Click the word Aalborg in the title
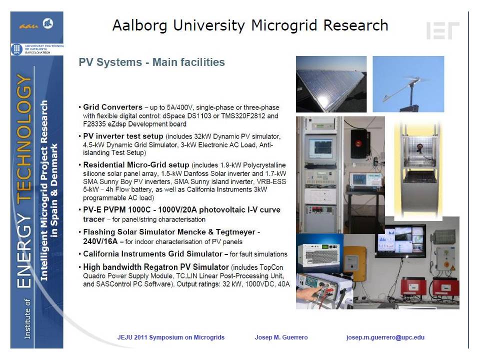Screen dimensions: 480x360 pyautogui.click(x=140, y=25)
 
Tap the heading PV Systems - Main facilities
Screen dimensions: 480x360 pyautogui.click(x=152, y=62)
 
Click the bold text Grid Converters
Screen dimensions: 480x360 pyautogui.click(x=112, y=107)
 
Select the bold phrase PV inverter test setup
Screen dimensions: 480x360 pyautogui.click(x=123, y=136)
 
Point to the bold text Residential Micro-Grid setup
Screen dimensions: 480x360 pyautogui.click(x=136, y=165)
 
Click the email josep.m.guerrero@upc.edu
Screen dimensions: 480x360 pyautogui.click(x=385, y=337)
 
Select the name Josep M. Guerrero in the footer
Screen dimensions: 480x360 pyautogui.click(x=281, y=337)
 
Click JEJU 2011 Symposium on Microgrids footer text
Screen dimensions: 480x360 pyautogui.click(x=171, y=337)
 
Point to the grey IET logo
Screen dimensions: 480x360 pyautogui.click(x=442, y=30)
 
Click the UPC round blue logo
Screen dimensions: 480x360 pyautogui.click(x=16, y=49)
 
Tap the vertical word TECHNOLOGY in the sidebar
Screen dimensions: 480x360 pyautogui.click(x=24, y=137)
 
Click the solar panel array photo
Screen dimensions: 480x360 pyautogui.click(x=331, y=84)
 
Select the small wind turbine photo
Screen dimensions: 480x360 pyautogui.click(x=408, y=84)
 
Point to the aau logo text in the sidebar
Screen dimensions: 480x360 pyautogui.click(x=29, y=26)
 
